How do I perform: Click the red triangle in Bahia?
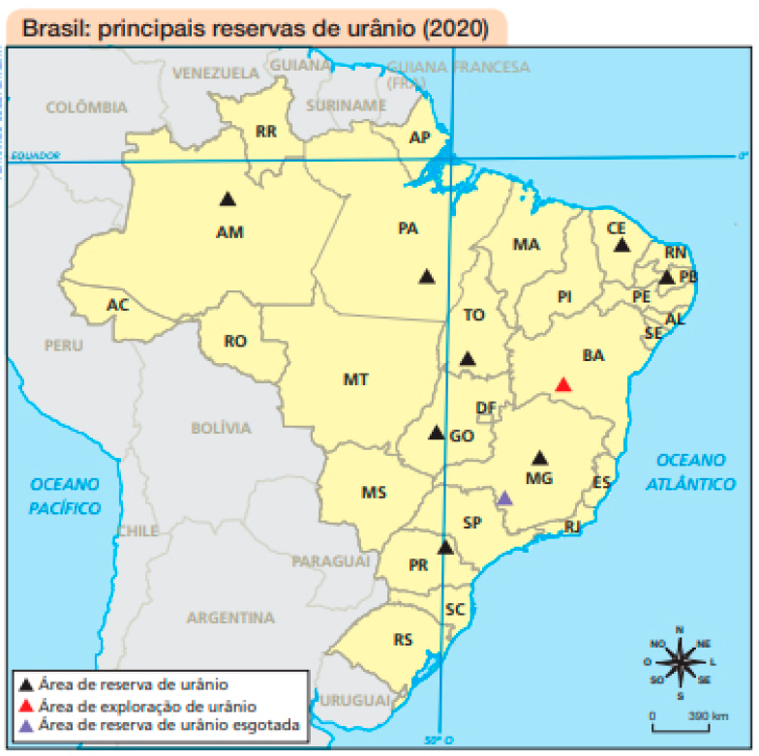tap(563, 384)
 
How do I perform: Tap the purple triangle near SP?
tap(504, 499)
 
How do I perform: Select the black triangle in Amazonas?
tap(228, 199)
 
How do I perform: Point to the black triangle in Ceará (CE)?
tap(622, 245)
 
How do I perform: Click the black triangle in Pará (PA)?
tap(427, 276)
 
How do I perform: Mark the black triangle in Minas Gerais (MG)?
tap(540, 458)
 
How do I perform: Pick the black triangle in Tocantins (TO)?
tap(468, 359)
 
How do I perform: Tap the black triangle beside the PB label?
tap(667, 278)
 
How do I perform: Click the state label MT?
tap(355, 380)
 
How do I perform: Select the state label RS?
tap(404, 640)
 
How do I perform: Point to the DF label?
tap(486, 408)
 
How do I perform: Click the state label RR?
tap(265, 131)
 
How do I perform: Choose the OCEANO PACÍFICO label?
tap(65, 496)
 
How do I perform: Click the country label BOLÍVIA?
tap(221, 428)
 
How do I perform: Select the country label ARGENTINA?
tap(230, 618)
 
